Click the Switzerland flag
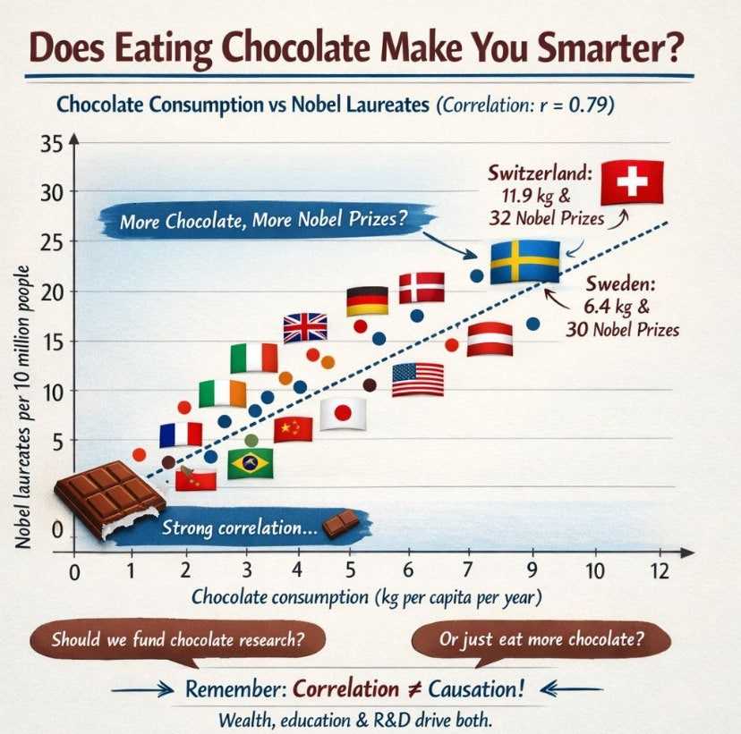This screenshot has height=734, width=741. pos(633,182)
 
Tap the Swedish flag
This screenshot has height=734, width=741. pos(524,261)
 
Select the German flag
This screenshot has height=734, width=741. pos(367,300)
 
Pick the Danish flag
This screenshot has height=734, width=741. pos(422,287)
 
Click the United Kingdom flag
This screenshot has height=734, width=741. pos(305,327)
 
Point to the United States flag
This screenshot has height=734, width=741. pos(418,379)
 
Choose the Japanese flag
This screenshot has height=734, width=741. pos(342,413)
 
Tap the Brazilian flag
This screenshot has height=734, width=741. pos(251,463)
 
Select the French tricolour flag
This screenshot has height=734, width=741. pos(181,434)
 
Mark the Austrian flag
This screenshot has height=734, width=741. pos(490,339)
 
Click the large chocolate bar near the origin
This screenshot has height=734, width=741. pos(108,499)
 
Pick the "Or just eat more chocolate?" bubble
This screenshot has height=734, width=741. pos(541,640)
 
